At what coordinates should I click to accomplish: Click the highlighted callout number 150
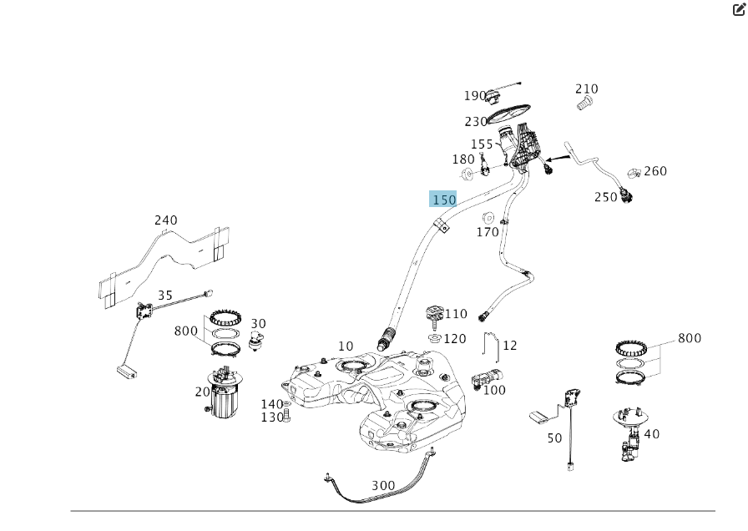click(443, 200)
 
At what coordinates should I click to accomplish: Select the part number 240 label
click(166, 220)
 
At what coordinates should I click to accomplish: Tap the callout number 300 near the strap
click(383, 485)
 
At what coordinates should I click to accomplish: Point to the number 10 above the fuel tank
click(346, 346)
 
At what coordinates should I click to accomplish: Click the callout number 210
click(587, 88)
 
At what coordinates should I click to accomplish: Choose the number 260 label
click(655, 171)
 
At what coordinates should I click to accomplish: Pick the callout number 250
click(606, 197)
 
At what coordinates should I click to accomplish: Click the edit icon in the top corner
click(739, 10)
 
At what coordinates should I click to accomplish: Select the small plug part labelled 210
click(585, 104)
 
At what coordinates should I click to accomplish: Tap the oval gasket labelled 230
click(512, 111)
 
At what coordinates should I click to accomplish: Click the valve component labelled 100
click(484, 377)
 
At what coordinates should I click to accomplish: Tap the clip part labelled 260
click(634, 174)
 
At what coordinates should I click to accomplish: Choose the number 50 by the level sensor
click(554, 437)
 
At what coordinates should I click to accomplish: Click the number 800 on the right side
click(690, 338)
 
